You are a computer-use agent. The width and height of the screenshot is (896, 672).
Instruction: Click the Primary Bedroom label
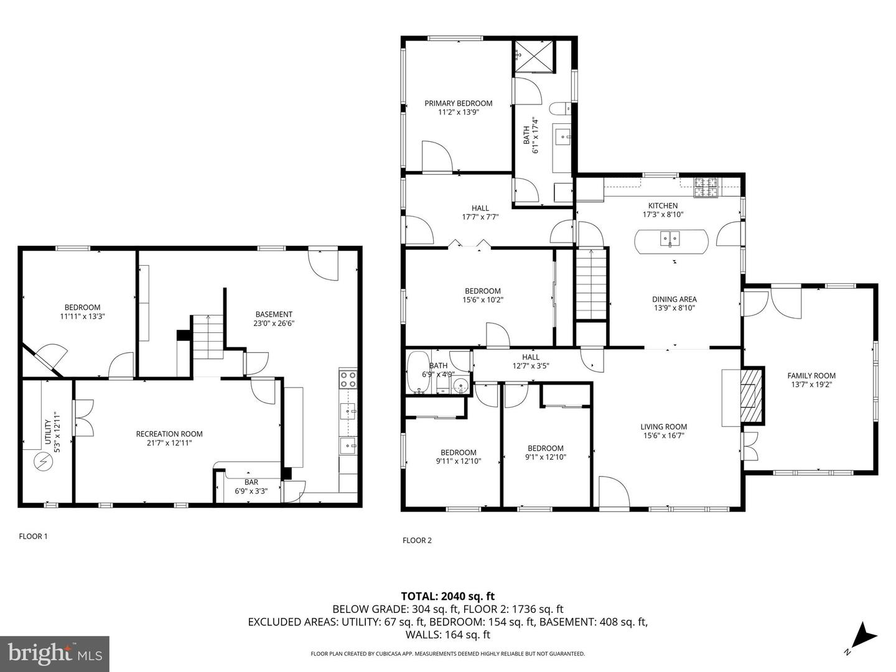tap(458, 103)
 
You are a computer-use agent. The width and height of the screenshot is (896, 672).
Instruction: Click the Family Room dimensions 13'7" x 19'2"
tap(811, 385)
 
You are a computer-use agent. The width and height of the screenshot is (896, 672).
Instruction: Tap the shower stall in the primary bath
tap(533, 57)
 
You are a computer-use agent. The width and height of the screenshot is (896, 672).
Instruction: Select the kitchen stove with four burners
tap(706, 185)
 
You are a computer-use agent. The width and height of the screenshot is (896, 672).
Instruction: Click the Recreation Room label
tap(169, 434)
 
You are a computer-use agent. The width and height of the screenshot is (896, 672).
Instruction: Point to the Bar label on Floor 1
tap(251, 482)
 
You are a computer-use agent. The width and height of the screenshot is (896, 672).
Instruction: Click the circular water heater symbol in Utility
tap(44, 461)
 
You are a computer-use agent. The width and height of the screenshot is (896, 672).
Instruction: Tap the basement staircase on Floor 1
tap(208, 337)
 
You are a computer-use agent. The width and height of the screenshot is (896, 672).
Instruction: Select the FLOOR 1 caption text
tap(33, 536)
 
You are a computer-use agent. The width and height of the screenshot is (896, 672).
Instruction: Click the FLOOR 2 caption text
tap(417, 540)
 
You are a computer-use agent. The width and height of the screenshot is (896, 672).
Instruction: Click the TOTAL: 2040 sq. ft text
tap(447, 596)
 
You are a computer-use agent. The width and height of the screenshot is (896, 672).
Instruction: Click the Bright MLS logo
tap(55, 653)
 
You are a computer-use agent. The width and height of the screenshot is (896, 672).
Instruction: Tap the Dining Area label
tap(674, 299)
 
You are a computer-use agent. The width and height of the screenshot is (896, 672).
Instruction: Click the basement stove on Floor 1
tap(348, 379)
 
